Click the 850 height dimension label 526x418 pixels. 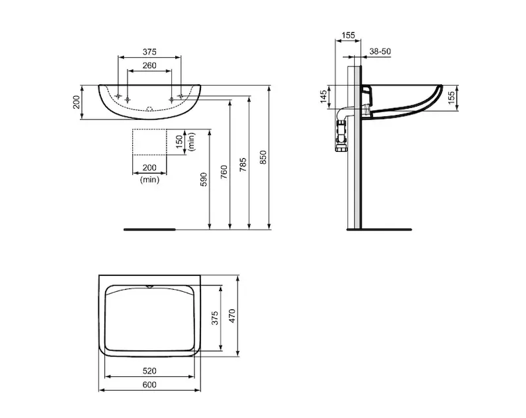tap(263, 157)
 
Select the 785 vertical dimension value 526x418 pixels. tap(244, 164)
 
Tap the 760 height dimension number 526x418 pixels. tap(224, 172)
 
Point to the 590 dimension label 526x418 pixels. tap(204, 180)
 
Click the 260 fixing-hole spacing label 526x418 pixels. tap(150, 65)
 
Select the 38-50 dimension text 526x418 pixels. tap(380, 52)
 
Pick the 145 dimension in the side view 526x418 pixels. tap(324, 97)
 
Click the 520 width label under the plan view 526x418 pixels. tap(150, 371)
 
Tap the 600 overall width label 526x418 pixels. tap(150, 385)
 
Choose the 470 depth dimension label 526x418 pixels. tap(232, 316)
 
